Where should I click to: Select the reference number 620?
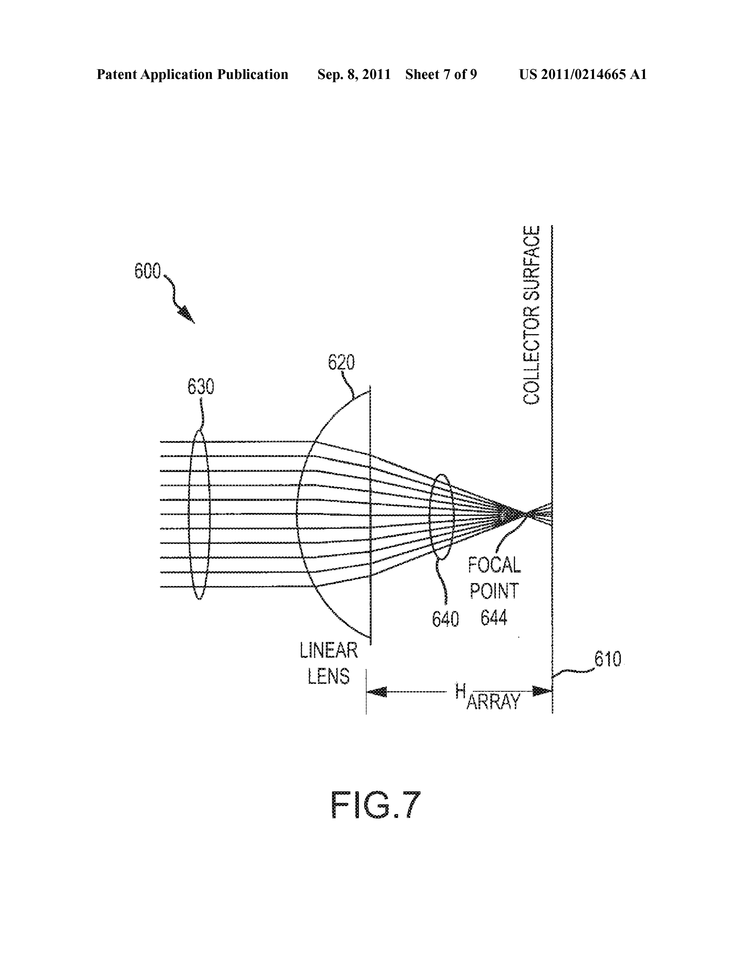341,363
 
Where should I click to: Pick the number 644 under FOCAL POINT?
494,618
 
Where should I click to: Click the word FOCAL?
494,565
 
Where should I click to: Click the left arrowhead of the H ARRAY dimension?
376,692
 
